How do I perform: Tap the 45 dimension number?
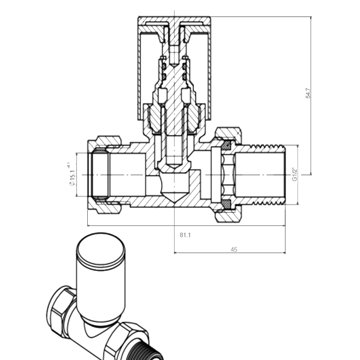234,249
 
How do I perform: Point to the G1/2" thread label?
295,174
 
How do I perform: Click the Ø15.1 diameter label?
72,175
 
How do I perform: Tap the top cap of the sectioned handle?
174,20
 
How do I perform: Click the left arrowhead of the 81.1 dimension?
89,226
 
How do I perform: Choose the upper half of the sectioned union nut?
228,135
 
